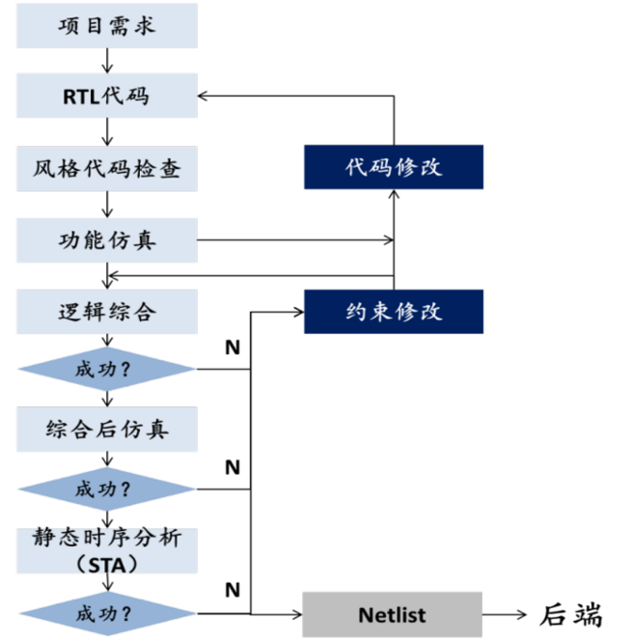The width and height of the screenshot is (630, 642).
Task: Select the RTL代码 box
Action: (107, 97)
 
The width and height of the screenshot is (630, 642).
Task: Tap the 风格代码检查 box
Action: (107, 169)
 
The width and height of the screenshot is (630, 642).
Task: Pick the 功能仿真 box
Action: (107, 238)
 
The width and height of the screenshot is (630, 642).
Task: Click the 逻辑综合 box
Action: (107, 312)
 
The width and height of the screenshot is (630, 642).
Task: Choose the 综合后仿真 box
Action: (107, 428)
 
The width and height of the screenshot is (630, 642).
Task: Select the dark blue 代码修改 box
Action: (394, 166)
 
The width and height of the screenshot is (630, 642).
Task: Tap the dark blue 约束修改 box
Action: (394, 311)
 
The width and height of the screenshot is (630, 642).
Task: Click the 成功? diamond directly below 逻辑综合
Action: (106, 369)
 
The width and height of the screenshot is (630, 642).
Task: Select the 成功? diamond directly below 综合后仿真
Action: (106, 488)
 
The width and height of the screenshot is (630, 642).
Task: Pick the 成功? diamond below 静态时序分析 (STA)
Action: (106, 613)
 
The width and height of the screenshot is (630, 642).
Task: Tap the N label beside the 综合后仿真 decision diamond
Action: (232, 468)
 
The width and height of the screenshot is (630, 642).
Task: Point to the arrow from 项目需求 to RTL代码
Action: (107, 60)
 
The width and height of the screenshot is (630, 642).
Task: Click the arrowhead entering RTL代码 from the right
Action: (204, 96)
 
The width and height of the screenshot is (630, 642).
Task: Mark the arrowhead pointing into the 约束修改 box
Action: (297, 311)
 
